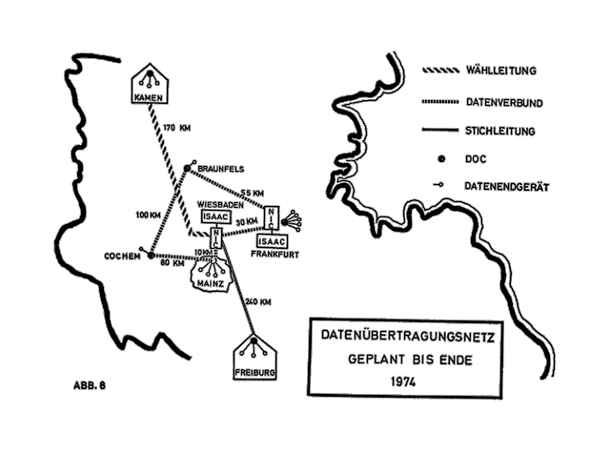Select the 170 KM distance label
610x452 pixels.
click(176, 127)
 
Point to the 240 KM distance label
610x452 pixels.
click(258, 301)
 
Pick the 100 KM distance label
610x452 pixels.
click(148, 215)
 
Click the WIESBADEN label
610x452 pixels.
click(219, 204)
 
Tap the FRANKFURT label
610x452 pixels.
click(276, 254)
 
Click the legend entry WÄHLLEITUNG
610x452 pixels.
click(504, 72)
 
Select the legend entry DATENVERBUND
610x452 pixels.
click(506, 100)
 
